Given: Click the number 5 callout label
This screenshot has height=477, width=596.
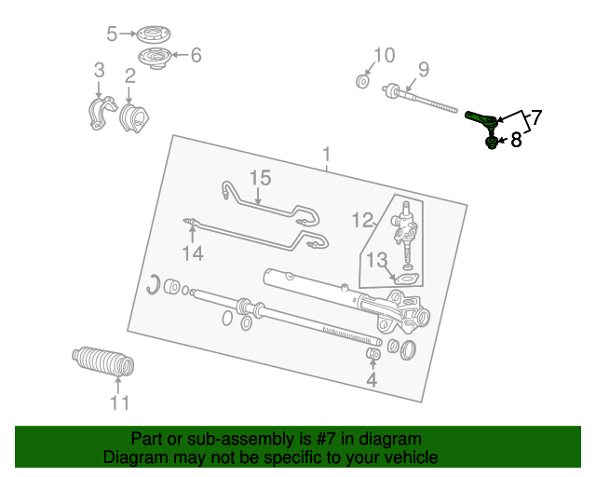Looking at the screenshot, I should (112, 34).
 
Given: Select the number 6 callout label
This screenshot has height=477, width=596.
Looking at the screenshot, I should (196, 56).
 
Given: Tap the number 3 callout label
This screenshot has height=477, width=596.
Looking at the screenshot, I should (99, 71).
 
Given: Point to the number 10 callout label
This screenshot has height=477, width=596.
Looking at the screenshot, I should (384, 55).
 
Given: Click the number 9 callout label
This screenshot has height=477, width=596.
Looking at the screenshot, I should (423, 69).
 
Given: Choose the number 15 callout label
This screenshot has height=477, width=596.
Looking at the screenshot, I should (259, 177).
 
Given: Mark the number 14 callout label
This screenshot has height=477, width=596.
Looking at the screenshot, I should (192, 252).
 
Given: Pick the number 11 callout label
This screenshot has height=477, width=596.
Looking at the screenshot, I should (119, 403).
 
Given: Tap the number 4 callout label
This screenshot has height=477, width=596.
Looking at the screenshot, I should (372, 379).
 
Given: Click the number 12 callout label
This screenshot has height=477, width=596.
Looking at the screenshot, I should (362, 220).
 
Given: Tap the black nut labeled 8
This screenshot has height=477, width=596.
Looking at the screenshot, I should (490, 143).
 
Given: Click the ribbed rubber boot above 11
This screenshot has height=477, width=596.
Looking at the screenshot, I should (102, 361).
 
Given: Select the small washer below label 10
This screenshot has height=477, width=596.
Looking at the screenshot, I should (362, 81).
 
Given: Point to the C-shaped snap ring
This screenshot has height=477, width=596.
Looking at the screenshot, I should (153, 284).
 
